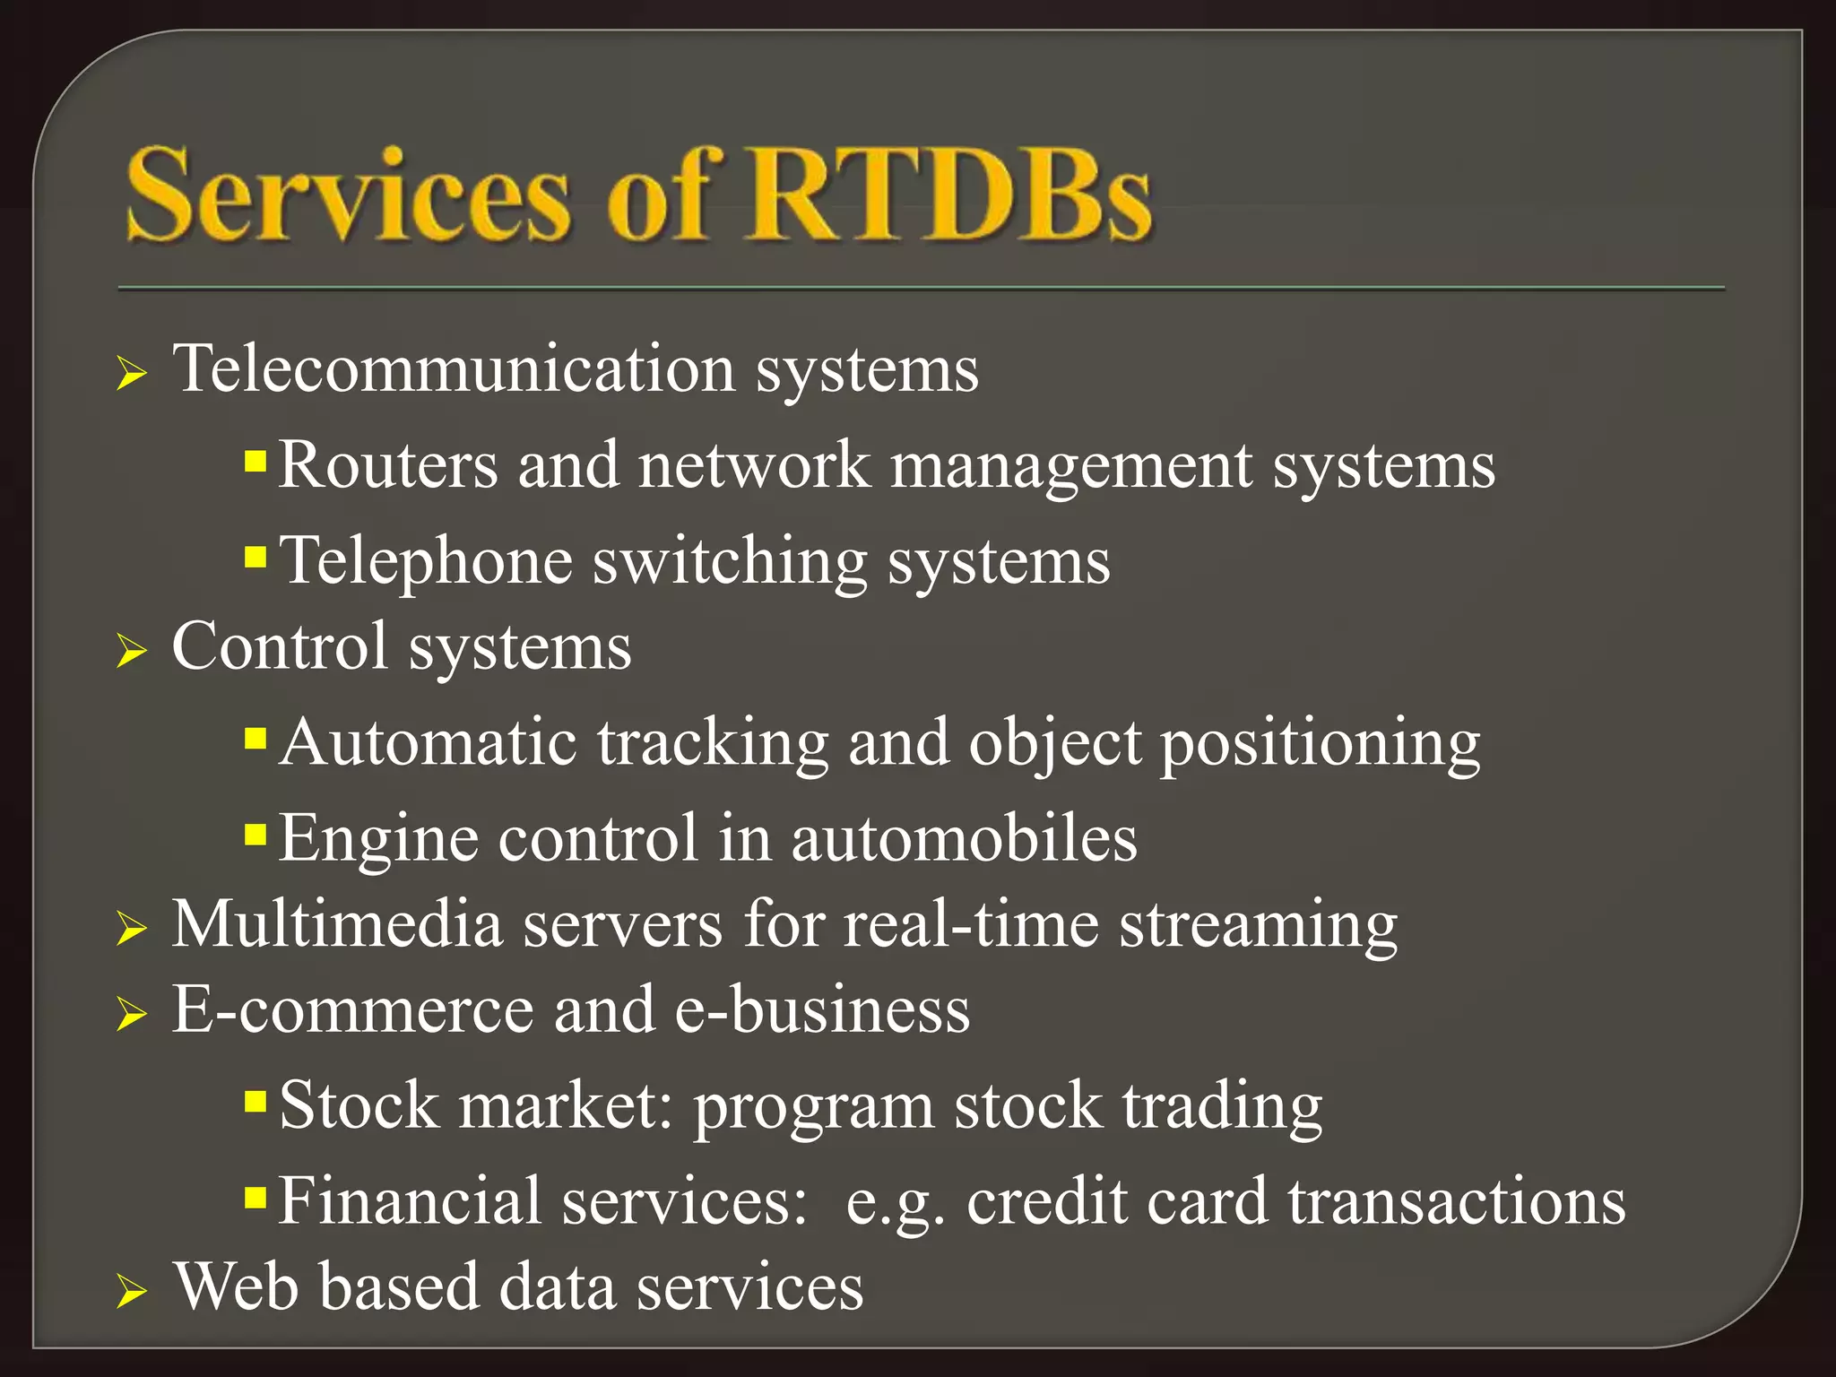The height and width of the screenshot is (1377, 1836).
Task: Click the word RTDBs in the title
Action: [x=950, y=195]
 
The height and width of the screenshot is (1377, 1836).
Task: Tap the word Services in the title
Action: [x=348, y=195]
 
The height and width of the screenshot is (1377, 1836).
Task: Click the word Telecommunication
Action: [x=453, y=369]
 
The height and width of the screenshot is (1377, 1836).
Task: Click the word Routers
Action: [x=387, y=466]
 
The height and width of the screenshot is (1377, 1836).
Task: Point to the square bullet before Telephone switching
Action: [x=255, y=559]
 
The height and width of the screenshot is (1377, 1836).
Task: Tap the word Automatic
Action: [x=428, y=743]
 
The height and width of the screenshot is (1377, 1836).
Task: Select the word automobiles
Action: [x=964, y=839]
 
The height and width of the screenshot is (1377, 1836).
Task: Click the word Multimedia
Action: [x=336, y=924]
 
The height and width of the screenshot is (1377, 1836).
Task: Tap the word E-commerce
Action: [x=352, y=1010]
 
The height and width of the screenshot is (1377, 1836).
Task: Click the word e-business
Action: [x=821, y=1010]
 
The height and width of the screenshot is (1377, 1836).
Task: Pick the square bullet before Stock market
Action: [x=255, y=1100]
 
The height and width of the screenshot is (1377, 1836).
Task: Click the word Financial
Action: [x=409, y=1201]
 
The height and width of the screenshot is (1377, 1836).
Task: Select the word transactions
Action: [x=1457, y=1201]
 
